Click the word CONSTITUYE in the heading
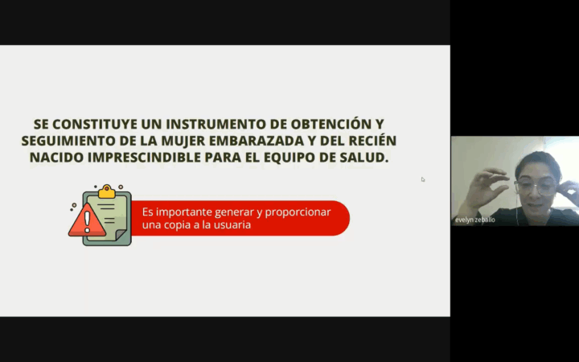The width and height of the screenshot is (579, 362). click(95, 124)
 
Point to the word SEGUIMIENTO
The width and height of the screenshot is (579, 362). click(68, 141)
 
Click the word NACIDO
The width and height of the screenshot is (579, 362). click(56, 158)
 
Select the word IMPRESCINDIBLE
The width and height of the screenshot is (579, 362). click(145, 158)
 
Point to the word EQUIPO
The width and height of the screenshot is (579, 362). click(289, 158)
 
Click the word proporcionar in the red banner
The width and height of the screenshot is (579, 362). click(298, 213)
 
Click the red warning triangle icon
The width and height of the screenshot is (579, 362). click(87, 221)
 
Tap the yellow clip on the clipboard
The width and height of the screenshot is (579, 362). click(107, 191)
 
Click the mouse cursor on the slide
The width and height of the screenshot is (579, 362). click(423, 179)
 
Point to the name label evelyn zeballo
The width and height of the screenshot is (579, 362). click(475, 220)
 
